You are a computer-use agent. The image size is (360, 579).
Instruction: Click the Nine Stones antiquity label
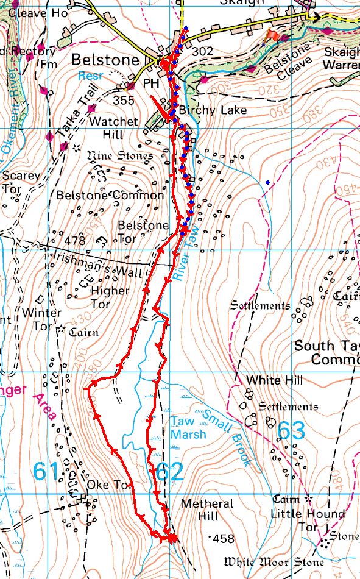[120, 156]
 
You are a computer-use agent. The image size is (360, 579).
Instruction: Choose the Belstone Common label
[110, 195]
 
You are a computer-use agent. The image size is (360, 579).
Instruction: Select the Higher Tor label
[110, 297]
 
